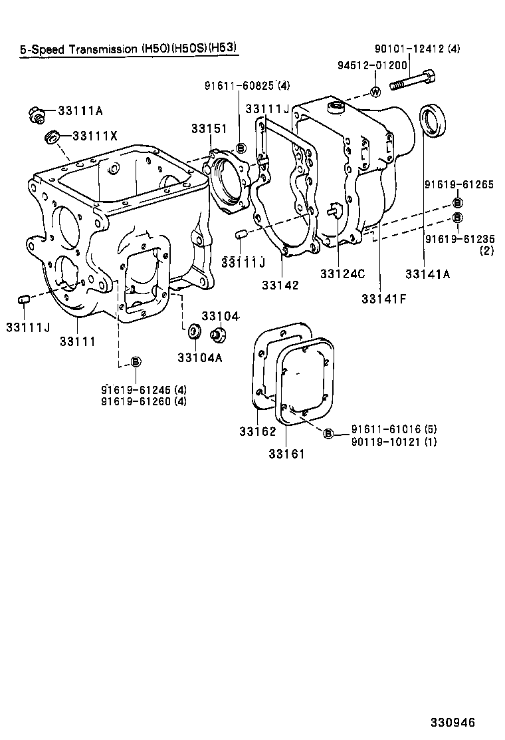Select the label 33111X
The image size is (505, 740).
point(94,136)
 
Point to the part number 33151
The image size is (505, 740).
point(209,128)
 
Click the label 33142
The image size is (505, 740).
point(280,285)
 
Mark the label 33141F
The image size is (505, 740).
point(383,299)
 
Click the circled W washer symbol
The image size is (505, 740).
point(375,92)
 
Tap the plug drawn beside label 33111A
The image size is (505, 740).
point(37,114)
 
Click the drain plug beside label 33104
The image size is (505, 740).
point(215,334)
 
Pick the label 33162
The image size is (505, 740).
point(257,432)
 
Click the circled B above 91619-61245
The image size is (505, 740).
point(135,361)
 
